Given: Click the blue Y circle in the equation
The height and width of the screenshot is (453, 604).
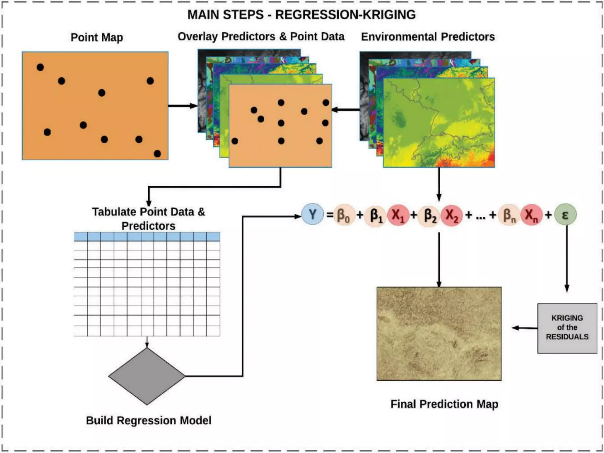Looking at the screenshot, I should [x=312, y=214].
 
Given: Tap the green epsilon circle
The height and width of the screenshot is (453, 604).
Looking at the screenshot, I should [x=565, y=215].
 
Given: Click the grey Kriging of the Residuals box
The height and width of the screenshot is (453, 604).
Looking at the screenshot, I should [x=567, y=328].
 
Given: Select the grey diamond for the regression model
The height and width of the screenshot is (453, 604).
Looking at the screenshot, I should [x=147, y=376].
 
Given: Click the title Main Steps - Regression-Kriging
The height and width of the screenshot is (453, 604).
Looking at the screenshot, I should [x=301, y=15].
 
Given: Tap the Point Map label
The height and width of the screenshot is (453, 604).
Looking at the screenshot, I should [x=97, y=37].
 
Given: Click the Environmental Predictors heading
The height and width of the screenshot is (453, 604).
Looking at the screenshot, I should [x=428, y=37].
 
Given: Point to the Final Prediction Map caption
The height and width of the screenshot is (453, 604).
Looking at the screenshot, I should [x=444, y=404].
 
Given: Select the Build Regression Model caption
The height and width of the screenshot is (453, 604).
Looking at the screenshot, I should [x=148, y=420].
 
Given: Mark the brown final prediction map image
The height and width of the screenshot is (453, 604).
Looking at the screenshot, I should [x=439, y=334].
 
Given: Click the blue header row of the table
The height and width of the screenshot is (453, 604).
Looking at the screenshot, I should [x=147, y=237].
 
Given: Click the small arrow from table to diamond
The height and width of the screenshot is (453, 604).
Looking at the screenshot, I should [x=147, y=342].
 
